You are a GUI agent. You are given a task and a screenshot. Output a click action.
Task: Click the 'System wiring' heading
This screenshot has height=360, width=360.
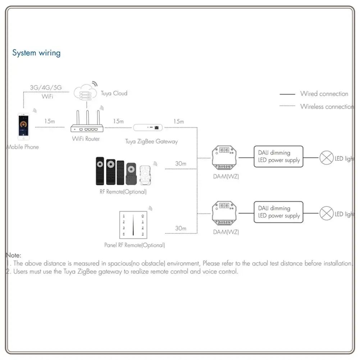point(36,53)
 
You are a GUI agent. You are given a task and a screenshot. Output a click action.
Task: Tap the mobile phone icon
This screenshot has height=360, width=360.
point(23,127)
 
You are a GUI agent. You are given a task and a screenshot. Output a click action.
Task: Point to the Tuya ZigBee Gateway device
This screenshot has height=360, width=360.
point(148,127)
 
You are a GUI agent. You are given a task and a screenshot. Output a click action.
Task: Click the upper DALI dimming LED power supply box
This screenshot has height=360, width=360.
point(278,156)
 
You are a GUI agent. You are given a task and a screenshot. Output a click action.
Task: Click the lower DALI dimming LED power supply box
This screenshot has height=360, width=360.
point(278,212)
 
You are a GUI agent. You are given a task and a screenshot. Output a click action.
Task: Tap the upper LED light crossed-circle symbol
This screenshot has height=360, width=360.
point(327,158)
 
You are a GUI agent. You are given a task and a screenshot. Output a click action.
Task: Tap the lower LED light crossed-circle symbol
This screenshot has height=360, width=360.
point(327,214)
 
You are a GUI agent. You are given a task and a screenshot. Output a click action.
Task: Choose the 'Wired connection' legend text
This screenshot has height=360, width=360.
point(324,94)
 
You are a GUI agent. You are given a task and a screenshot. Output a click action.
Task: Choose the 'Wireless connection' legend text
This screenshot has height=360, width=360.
point(327,106)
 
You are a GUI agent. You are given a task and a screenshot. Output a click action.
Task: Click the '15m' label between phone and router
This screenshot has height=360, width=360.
point(50,121)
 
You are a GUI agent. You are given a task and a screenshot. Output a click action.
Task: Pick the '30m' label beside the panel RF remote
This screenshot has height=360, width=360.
point(181,228)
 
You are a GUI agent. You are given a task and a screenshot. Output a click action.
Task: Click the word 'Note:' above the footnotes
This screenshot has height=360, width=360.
point(14,255)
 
